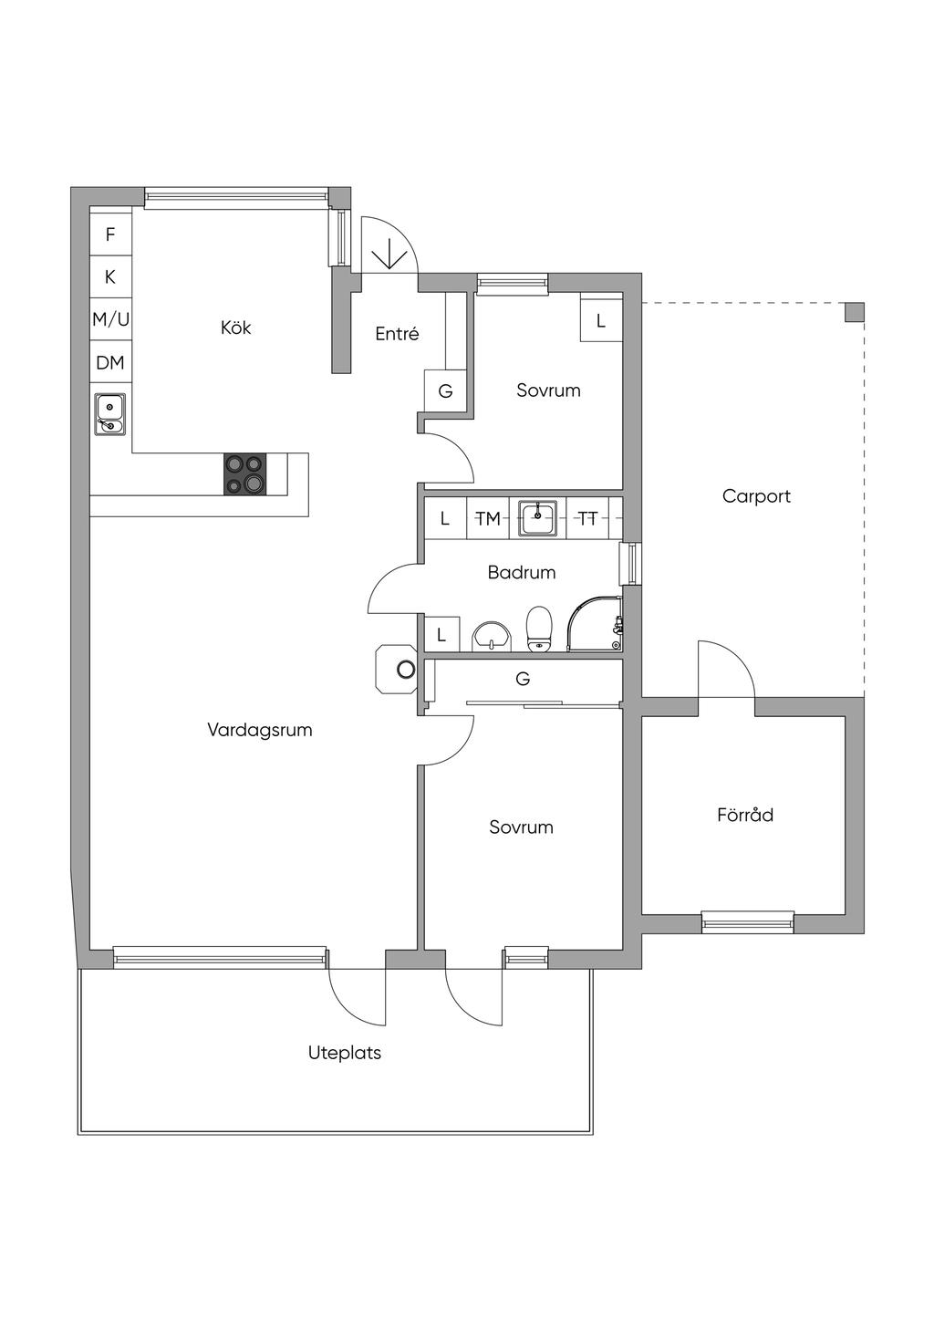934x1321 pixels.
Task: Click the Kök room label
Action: pyautogui.click(x=235, y=328)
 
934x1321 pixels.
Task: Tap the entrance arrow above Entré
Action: pyautogui.click(x=390, y=254)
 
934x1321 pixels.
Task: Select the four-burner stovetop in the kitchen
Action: pyautogui.click(x=246, y=474)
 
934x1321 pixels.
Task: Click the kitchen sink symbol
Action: pyautogui.click(x=110, y=413)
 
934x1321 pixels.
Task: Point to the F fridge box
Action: pyautogui.click(x=110, y=234)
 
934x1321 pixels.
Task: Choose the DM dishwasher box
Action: pyautogui.click(x=110, y=363)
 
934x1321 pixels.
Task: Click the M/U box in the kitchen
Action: pyautogui.click(x=110, y=319)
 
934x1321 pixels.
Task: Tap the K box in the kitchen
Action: pyautogui.click(x=110, y=276)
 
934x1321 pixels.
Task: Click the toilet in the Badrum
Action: pyautogui.click(x=540, y=629)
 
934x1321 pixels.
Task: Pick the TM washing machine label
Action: pyautogui.click(x=488, y=519)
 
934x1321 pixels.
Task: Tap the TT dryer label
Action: pyautogui.click(x=588, y=519)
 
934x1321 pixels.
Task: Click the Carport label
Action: pyautogui.click(x=756, y=496)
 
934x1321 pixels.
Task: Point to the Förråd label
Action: pyautogui.click(x=745, y=815)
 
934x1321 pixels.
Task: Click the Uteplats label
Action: pyautogui.click(x=345, y=1053)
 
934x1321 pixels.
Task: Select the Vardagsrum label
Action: pyautogui.click(x=260, y=730)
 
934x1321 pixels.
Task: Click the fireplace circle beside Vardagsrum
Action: pyautogui.click(x=405, y=671)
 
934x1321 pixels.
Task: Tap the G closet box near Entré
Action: pyautogui.click(x=445, y=391)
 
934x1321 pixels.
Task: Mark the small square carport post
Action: pyautogui.click(x=853, y=312)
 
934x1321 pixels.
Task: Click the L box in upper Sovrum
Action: pyautogui.click(x=600, y=321)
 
